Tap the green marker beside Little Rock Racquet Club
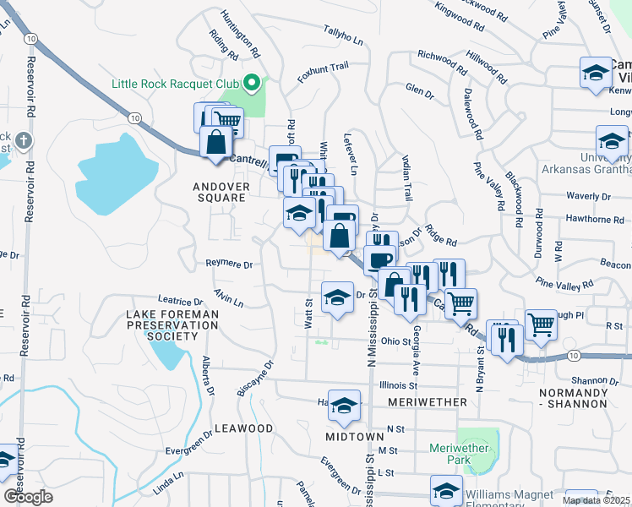click(251, 83)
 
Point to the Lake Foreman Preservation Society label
click(172, 324)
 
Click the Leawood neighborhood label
click(243, 428)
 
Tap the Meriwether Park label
click(459, 454)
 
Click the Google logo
click(29, 496)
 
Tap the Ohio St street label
click(395, 341)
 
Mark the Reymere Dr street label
click(229, 264)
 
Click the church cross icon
click(25, 139)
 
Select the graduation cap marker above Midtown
click(344, 406)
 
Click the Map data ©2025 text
click(595, 500)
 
